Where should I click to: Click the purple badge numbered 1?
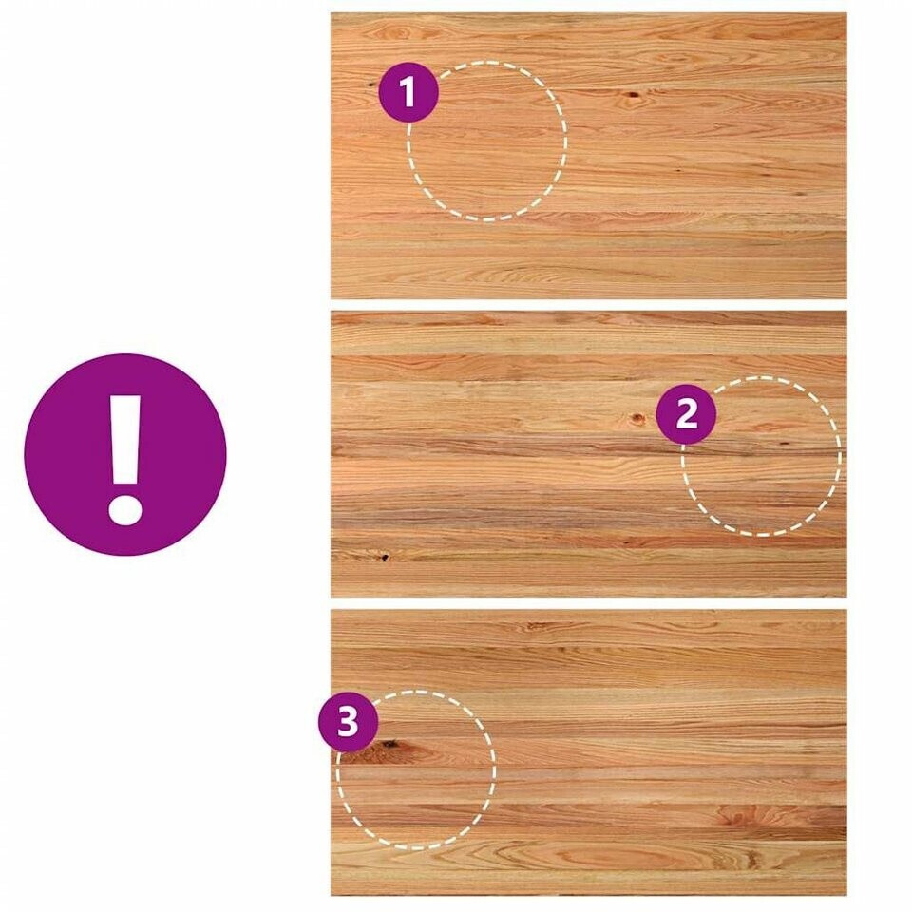click(x=408, y=92)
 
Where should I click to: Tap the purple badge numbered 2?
click(x=686, y=414)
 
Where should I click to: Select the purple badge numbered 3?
click(x=348, y=722)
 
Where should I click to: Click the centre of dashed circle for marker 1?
click(x=486, y=142)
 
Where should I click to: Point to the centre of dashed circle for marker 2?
click(x=761, y=456)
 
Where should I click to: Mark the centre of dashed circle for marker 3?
click(x=416, y=770)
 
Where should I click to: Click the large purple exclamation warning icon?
click(x=125, y=455)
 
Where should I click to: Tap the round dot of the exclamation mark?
click(x=125, y=510)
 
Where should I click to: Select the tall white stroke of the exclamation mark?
click(x=125, y=440)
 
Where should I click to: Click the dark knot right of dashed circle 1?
click(x=632, y=95)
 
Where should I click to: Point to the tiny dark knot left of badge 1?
click(x=371, y=85)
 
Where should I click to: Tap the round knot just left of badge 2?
click(x=638, y=417)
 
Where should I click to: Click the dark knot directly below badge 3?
click(x=384, y=744)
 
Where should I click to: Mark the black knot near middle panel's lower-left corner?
click(x=385, y=558)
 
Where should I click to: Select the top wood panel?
click(x=589, y=156)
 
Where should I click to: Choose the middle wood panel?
click(x=589, y=454)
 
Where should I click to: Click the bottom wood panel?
click(x=589, y=752)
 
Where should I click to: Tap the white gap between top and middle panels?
click(x=589, y=305)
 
